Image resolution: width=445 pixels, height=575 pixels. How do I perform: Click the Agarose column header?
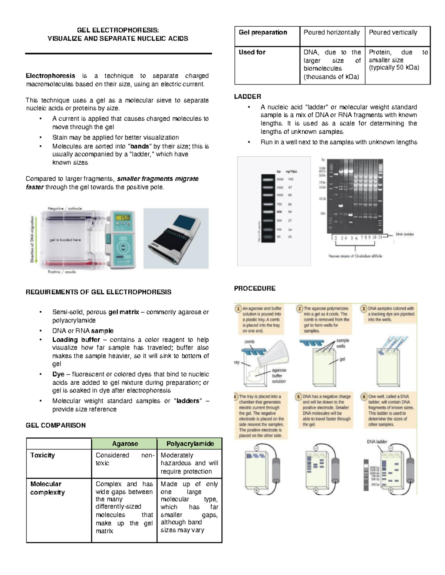(125, 444)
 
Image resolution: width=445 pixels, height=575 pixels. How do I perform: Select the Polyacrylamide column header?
(190, 444)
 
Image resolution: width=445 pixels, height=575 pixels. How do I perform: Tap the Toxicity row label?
(43, 455)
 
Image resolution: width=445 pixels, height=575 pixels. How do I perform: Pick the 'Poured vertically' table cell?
(393, 33)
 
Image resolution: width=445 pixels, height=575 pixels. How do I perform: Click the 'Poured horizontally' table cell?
(332, 33)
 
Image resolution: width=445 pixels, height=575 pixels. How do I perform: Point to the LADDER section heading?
(247, 97)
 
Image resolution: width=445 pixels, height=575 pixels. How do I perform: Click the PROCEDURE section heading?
(254, 288)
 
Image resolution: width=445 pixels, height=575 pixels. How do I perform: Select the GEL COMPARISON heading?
(56, 425)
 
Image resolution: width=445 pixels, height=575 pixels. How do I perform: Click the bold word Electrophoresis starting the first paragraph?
(50, 76)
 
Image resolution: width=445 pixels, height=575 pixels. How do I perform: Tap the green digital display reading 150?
(123, 218)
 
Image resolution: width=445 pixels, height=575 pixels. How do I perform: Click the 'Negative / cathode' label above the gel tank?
(65, 208)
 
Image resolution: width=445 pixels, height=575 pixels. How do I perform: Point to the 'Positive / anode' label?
(62, 272)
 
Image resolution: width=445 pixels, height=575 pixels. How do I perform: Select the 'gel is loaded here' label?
(65, 240)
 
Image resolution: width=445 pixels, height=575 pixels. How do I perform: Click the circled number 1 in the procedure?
(238, 308)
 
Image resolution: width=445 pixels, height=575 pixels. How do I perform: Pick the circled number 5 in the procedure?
(299, 397)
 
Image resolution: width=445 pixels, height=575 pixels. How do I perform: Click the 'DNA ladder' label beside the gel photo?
(405, 234)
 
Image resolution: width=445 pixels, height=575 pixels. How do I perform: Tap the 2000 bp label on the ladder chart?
(280, 179)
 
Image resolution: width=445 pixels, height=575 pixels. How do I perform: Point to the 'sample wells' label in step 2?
(342, 343)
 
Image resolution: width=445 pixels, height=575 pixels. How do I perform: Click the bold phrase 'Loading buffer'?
(76, 340)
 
